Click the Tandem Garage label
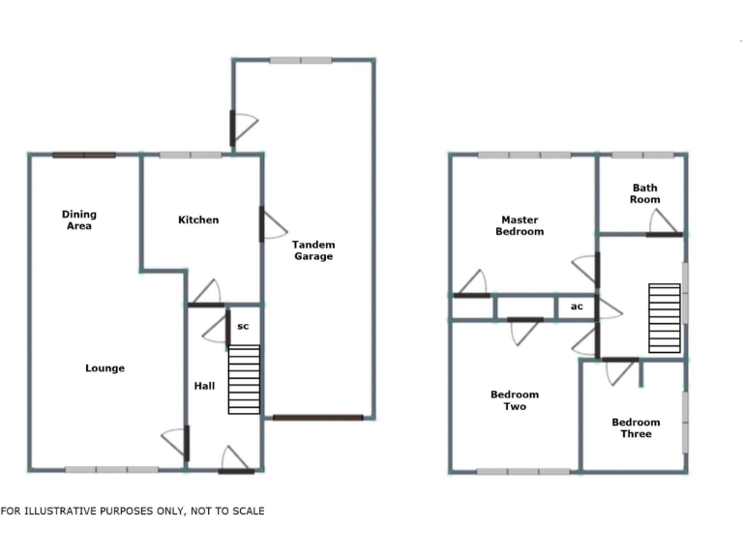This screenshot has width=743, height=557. pyautogui.click(x=312, y=250)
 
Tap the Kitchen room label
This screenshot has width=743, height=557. pyautogui.click(x=198, y=220)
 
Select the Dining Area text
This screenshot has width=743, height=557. pyautogui.click(x=79, y=220)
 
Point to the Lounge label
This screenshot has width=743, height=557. pyautogui.click(x=104, y=367)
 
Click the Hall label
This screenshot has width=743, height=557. pyautogui.click(x=204, y=386)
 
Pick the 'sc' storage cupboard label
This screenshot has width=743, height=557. pyautogui.click(x=243, y=326)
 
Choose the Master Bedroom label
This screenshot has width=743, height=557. pyautogui.click(x=520, y=225)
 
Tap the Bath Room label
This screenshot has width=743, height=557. pyautogui.click(x=645, y=193)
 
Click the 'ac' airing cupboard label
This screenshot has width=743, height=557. pyautogui.click(x=577, y=307)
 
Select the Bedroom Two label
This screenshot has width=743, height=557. pyautogui.click(x=515, y=400)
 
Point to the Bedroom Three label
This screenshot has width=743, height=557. pyautogui.click(x=636, y=427)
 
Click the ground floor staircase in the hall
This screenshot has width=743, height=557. pyautogui.click(x=244, y=379)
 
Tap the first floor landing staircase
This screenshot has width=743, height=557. pyautogui.click(x=665, y=318)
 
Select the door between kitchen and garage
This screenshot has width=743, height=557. pyautogui.click(x=270, y=224)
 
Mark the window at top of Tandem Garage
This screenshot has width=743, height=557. pyautogui.click(x=301, y=60)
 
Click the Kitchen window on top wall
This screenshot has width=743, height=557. pyautogui.click(x=190, y=155)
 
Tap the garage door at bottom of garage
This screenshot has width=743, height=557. pyautogui.click(x=317, y=418)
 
